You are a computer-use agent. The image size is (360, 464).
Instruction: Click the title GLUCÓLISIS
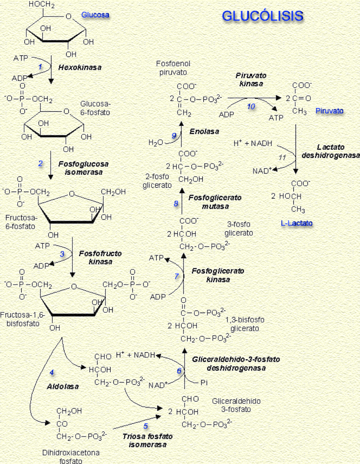(x=262, y=16)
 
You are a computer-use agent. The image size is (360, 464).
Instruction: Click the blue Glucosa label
(x=95, y=15)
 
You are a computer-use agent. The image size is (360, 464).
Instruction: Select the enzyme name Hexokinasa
(x=80, y=67)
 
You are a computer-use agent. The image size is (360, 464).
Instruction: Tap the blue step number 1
(x=40, y=67)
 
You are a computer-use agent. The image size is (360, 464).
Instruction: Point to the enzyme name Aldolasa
(x=63, y=387)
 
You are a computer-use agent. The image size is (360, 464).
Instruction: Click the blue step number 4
(x=52, y=372)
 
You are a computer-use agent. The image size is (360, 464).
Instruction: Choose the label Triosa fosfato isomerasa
(x=147, y=440)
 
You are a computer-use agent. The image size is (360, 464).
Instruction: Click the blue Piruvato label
(x=329, y=111)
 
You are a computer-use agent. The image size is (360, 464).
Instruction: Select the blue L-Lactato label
(x=296, y=223)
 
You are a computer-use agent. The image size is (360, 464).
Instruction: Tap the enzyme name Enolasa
(x=204, y=131)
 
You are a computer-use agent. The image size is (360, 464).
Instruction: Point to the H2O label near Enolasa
(x=156, y=143)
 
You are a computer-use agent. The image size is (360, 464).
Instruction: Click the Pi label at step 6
(x=204, y=383)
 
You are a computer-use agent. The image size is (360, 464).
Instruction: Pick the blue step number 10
(x=251, y=107)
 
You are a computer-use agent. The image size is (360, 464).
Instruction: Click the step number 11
(x=282, y=157)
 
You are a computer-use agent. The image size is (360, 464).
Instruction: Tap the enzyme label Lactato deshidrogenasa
(x=330, y=151)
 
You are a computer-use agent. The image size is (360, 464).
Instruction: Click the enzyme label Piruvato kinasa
(x=251, y=80)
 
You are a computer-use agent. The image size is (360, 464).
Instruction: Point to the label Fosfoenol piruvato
(x=173, y=68)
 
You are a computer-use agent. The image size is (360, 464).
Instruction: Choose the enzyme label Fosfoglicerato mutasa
(x=215, y=202)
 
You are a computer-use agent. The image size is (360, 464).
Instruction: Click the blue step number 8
(x=176, y=204)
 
